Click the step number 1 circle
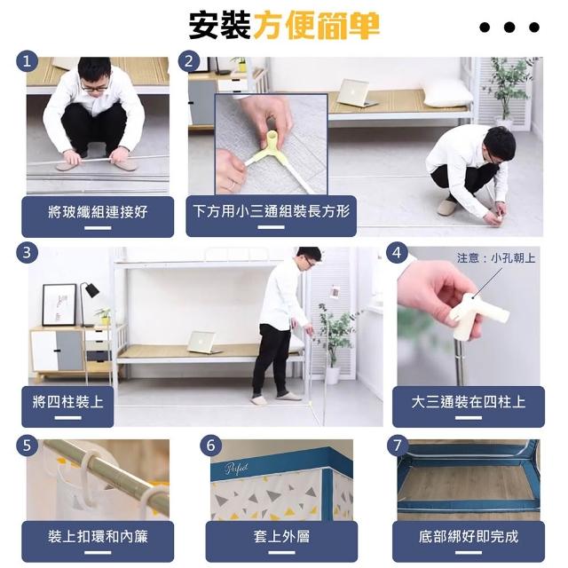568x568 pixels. click(28, 61)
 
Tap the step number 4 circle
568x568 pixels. click(397, 252)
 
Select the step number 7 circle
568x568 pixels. click(398, 445)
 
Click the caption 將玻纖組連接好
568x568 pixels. click(98, 211)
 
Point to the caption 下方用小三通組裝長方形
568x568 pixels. click(272, 211)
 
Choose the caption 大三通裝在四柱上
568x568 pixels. click(469, 402)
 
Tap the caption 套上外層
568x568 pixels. click(281, 536)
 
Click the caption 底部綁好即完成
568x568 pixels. click(469, 536)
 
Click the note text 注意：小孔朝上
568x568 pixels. click(496, 258)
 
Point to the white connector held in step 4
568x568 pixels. click(476, 316)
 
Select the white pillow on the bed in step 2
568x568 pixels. click(447, 95)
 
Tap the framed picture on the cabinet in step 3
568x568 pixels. click(59, 305)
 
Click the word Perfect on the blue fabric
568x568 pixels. click(237, 468)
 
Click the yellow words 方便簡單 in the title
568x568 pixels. click(317, 26)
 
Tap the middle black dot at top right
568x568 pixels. click(509, 28)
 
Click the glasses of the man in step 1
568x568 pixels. click(95, 87)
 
